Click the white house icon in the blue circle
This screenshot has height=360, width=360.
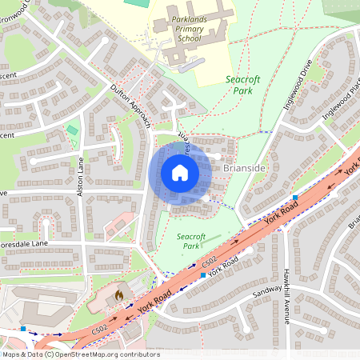180,173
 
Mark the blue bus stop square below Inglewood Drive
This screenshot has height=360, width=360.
295,197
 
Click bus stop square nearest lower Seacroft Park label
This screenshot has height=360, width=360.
204,274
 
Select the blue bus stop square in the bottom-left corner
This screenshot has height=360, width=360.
24,328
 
